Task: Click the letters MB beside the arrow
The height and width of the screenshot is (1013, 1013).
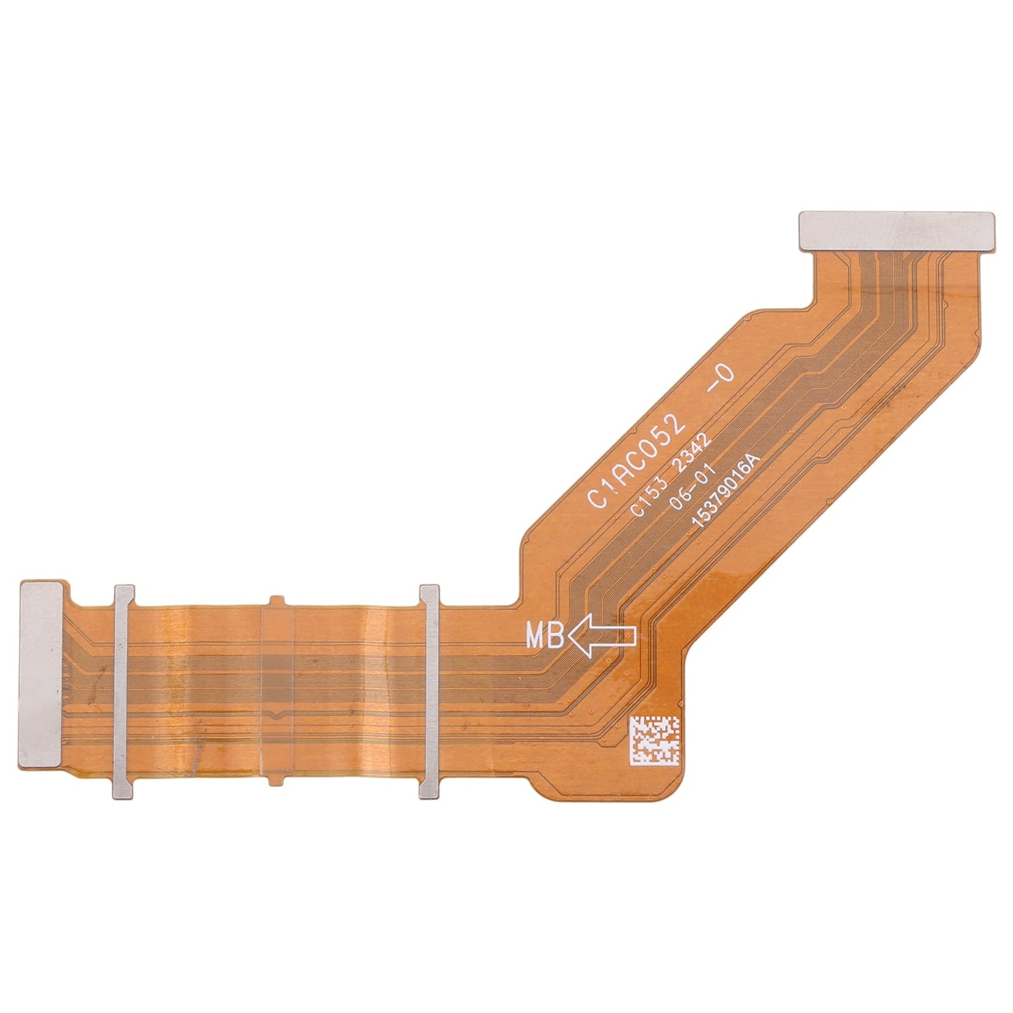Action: click(545, 637)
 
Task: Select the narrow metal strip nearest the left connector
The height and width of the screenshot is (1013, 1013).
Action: click(123, 691)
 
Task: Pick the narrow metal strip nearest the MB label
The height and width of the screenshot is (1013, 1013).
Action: click(428, 691)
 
